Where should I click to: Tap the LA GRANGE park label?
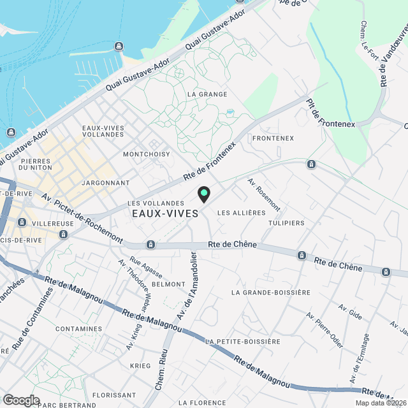[207, 94]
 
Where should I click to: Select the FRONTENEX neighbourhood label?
[273, 138]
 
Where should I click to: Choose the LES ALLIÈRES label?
[241, 212]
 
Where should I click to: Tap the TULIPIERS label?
[286, 223]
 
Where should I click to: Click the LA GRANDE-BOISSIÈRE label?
[271, 293]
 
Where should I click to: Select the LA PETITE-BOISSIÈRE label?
[243, 342]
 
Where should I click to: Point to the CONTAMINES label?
[79, 329]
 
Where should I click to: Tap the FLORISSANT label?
[114, 395]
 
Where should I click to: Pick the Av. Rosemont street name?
[264, 194]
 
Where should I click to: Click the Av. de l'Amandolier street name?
[186, 286]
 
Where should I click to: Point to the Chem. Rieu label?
[160, 373]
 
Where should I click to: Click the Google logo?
[21, 400]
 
